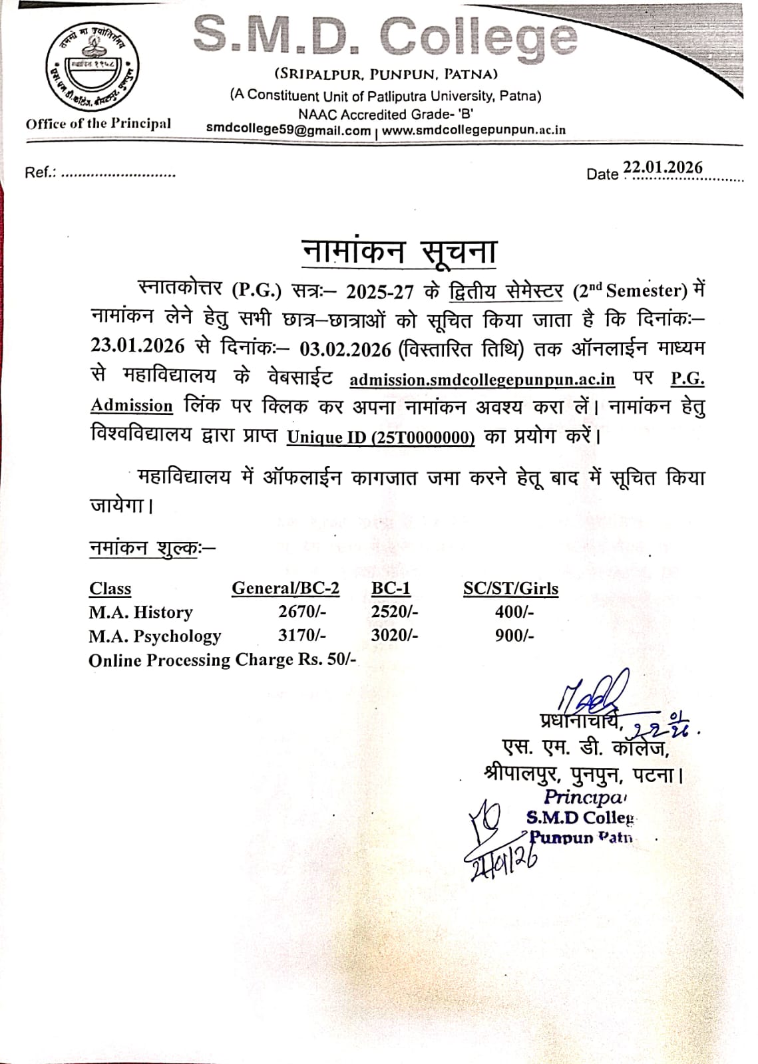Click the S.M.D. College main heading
click(x=385, y=37)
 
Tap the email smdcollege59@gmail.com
click(x=288, y=130)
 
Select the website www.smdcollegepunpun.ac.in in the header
click(x=474, y=130)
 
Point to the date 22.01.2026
click(x=662, y=168)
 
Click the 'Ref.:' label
click(x=39, y=173)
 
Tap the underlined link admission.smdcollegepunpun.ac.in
click(x=482, y=379)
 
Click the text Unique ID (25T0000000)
click(x=380, y=437)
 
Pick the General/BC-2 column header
click(x=285, y=589)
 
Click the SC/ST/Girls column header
click(x=510, y=589)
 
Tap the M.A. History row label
click(x=140, y=612)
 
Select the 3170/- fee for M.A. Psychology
click(x=301, y=636)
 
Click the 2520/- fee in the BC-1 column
click(x=394, y=612)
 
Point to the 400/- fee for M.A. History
click(x=514, y=612)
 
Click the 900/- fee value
click(x=514, y=636)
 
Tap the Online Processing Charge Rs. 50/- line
click(x=223, y=660)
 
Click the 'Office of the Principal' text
click(x=98, y=124)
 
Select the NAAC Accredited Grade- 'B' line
click(x=385, y=114)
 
